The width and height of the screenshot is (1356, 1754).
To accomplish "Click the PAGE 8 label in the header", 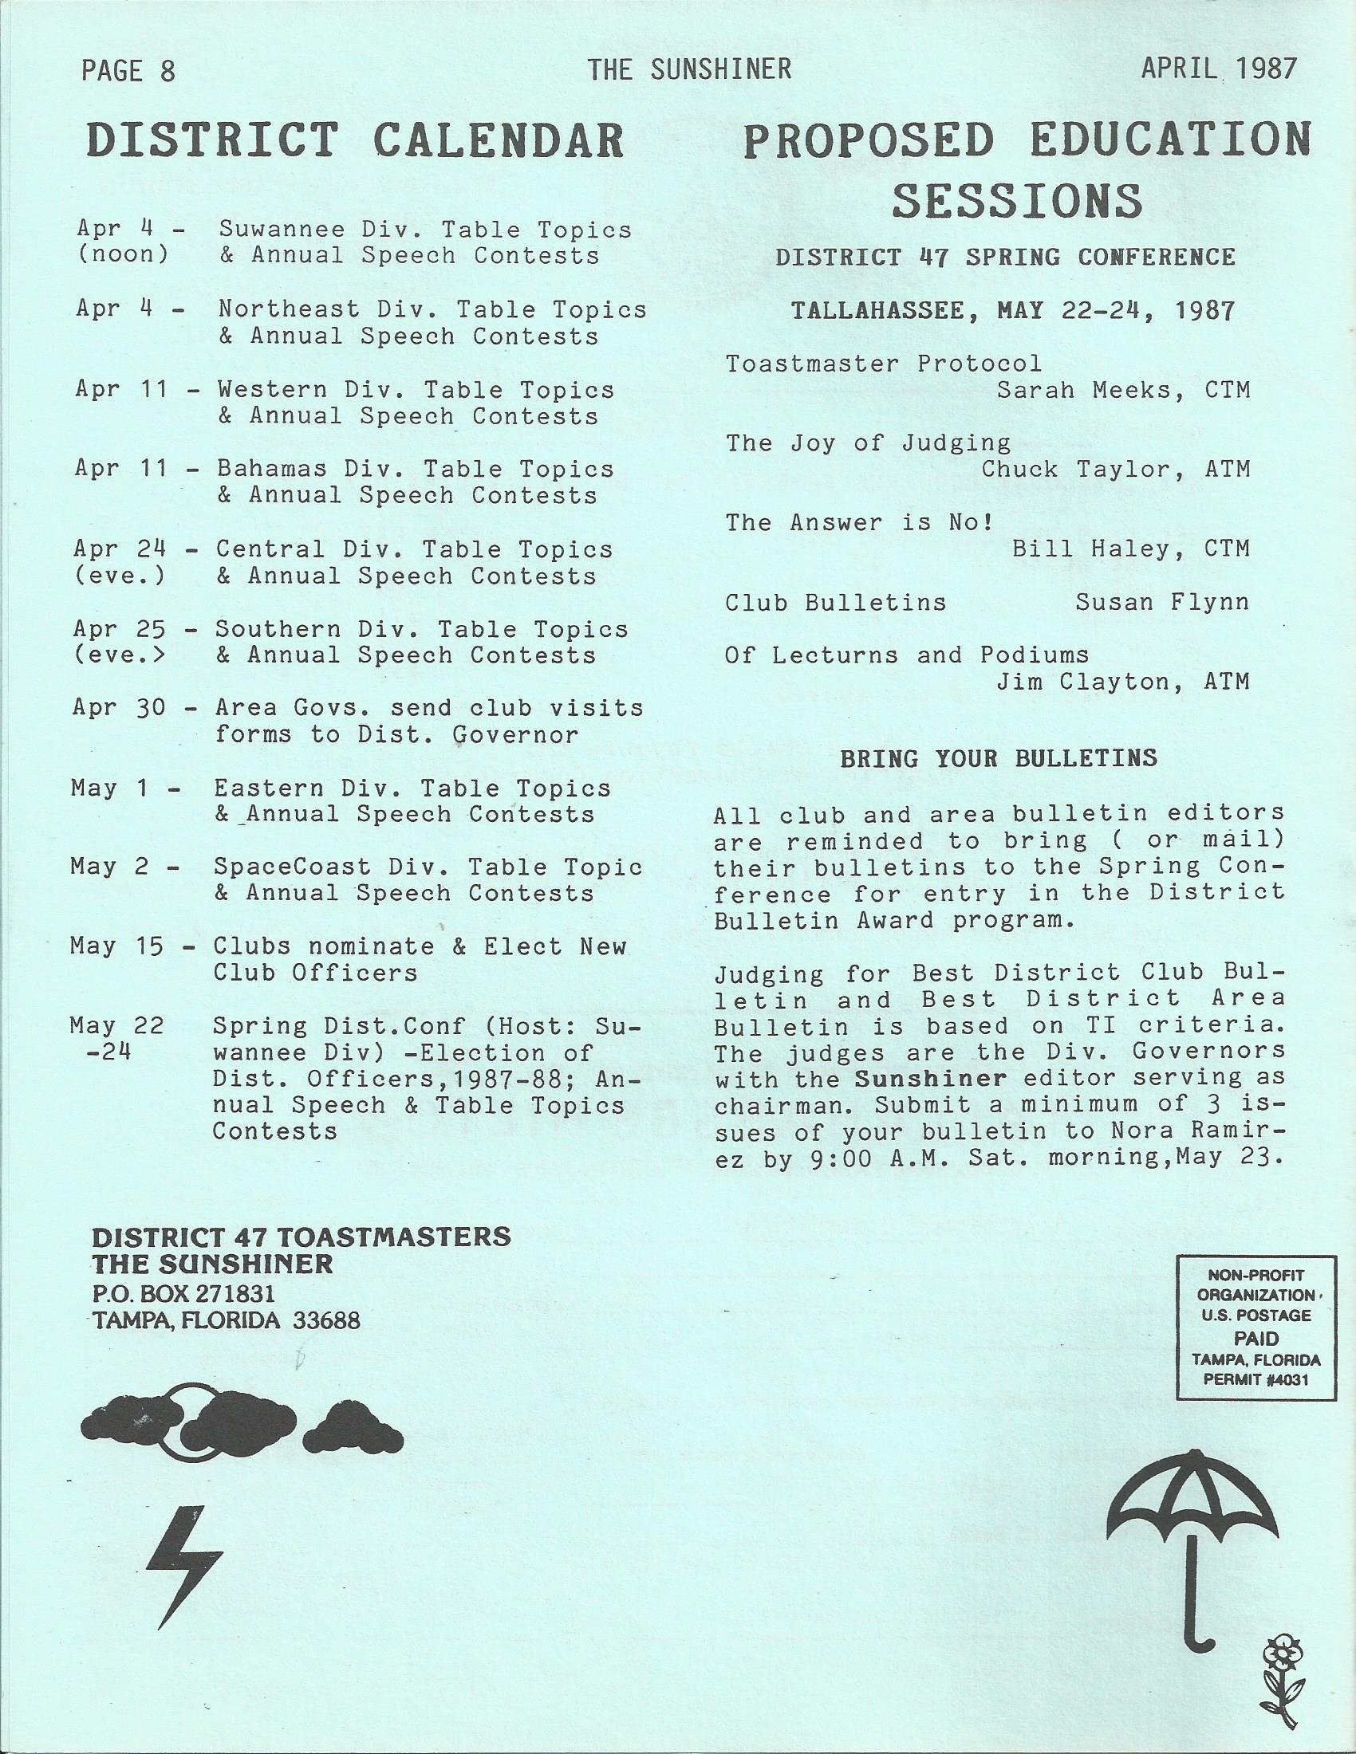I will pos(128,72).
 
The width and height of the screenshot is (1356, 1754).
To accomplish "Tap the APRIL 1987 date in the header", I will pos(1218,69).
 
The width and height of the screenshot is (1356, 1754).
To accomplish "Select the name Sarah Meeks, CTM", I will pos(1123,391).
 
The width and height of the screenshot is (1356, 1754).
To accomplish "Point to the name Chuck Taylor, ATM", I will pos(1115,469).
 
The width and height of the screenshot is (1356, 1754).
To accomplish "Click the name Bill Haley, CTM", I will pos(1129,549).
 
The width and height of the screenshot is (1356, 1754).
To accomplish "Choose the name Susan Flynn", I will pos(1161,602).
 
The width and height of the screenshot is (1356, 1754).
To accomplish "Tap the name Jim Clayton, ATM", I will pos(1122,682).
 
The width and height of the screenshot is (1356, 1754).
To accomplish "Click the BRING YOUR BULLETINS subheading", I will pos(999,758).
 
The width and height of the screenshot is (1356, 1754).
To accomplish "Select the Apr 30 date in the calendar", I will pos(119,707).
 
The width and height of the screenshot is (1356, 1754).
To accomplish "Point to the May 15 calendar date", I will pos(117,946).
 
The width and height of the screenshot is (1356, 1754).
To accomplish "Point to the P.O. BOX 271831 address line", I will pos(184,1294).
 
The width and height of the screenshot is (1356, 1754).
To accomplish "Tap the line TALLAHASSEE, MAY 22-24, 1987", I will pos(1012,311).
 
